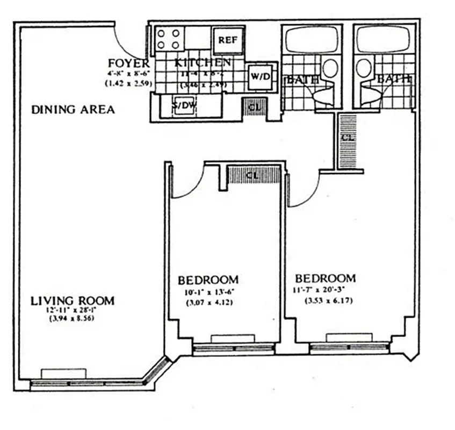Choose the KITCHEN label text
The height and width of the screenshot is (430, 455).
coord(203,63)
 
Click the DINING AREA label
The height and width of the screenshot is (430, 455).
coord(73,110)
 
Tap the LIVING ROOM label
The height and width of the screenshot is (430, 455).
coord(72,300)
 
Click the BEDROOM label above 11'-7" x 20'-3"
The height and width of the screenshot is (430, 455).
coord(326,278)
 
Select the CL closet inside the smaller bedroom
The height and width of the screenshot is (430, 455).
coord(254,175)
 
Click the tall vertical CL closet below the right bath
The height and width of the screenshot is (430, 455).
coord(348,139)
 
